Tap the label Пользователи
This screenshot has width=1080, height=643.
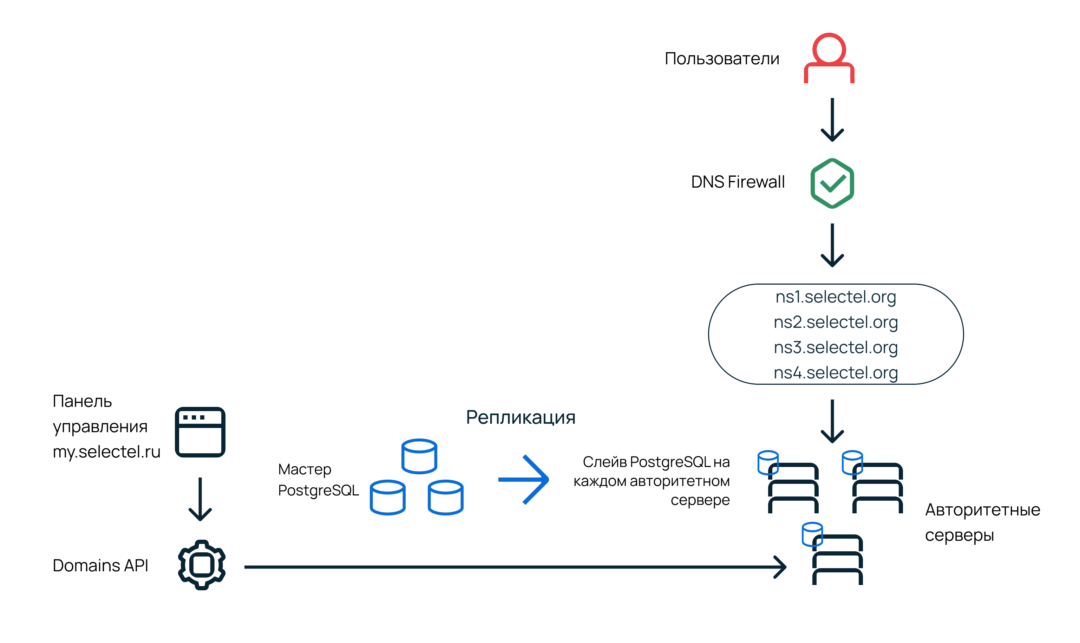[x=721, y=58]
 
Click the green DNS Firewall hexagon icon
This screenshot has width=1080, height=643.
[x=832, y=183]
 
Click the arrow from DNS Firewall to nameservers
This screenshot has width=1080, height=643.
[x=832, y=245]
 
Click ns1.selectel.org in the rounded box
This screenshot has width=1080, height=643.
[x=835, y=297]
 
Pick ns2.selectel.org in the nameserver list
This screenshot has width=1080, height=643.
[x=835, y=322]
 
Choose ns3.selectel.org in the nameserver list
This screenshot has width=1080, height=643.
[x=835, y=348]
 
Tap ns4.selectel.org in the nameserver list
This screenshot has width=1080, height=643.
[x=835, y=373]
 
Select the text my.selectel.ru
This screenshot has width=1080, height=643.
[x=106, y=452]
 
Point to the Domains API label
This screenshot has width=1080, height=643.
[x=100, y=565]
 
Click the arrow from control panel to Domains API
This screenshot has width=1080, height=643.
[x=200, y=499]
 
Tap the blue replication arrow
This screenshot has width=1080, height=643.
[x=523, y=480]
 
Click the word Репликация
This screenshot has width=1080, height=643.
[x=521, y=418]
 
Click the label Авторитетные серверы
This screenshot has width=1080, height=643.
[x=982, y=522]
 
